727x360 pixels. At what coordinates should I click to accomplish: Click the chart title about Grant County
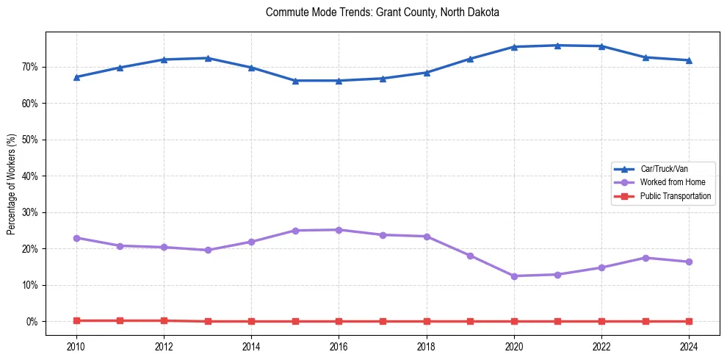pos(383,12)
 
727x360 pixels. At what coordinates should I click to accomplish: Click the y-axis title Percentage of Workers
pos(11,184)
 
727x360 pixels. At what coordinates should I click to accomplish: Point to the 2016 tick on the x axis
pos(339,346)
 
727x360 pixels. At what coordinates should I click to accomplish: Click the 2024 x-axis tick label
pos(689,346)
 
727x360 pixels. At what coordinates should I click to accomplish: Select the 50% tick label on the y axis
pos(29,140)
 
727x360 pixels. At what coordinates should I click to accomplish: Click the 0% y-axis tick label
pos(32,322)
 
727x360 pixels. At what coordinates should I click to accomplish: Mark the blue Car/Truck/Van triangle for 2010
pos(76,76)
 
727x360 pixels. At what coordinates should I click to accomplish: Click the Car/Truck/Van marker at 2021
pos(557,46)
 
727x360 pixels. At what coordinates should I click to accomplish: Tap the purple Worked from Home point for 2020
pos(514,276)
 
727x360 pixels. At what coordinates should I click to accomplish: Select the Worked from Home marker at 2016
pos(339,230)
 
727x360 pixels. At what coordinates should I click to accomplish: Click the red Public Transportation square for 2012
pos(164,320)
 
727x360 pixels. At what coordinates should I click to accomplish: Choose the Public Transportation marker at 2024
pos(689,321)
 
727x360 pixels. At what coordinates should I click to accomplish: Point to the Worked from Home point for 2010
pos(76,238)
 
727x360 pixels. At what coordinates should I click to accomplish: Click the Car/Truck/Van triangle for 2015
pos(295,80)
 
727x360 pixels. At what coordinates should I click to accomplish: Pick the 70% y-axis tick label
pos(29,67)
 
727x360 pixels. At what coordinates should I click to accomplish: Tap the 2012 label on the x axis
pos(164,346)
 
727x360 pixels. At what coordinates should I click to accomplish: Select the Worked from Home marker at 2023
pos(645,258)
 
